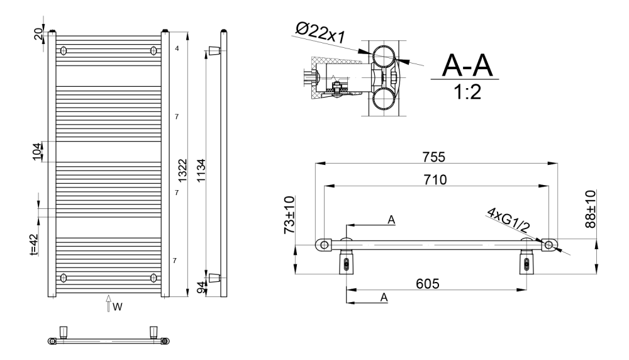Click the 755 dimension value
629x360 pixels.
433,157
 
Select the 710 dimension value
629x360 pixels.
435,179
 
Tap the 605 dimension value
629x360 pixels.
428,284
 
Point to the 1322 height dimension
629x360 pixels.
182,170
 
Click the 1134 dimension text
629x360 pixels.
201,170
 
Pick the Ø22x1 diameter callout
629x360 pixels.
320,33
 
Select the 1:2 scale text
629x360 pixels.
467,92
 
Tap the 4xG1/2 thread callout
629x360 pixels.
508,220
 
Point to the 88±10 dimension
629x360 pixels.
591,210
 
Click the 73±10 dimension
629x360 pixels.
289,215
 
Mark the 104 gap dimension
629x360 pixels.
37,151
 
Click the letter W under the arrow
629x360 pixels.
117,307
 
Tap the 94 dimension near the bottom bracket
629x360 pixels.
201,288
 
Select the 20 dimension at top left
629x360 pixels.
38,34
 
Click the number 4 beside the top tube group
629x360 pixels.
177,48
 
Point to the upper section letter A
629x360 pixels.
391,220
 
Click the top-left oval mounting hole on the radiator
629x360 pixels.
63,51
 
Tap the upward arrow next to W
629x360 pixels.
108,303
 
